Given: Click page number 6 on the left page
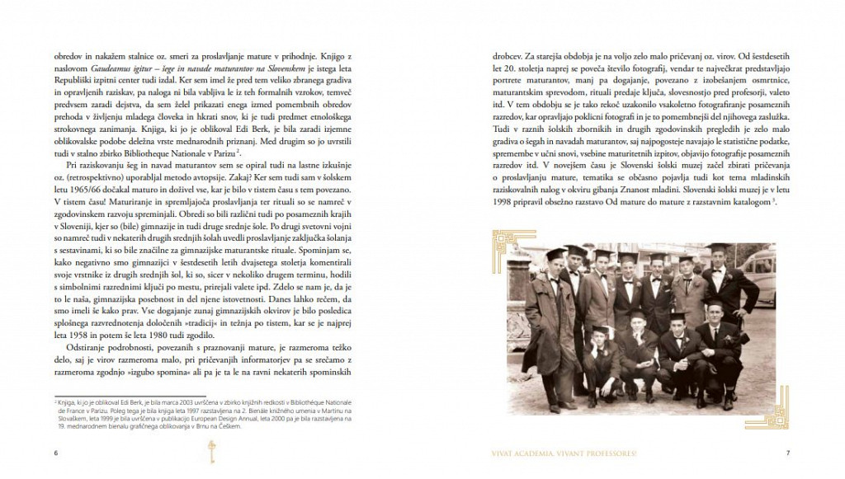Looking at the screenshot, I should point(55,452).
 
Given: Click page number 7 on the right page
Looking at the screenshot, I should point(788,452).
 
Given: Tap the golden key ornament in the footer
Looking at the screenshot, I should point(210,450).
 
